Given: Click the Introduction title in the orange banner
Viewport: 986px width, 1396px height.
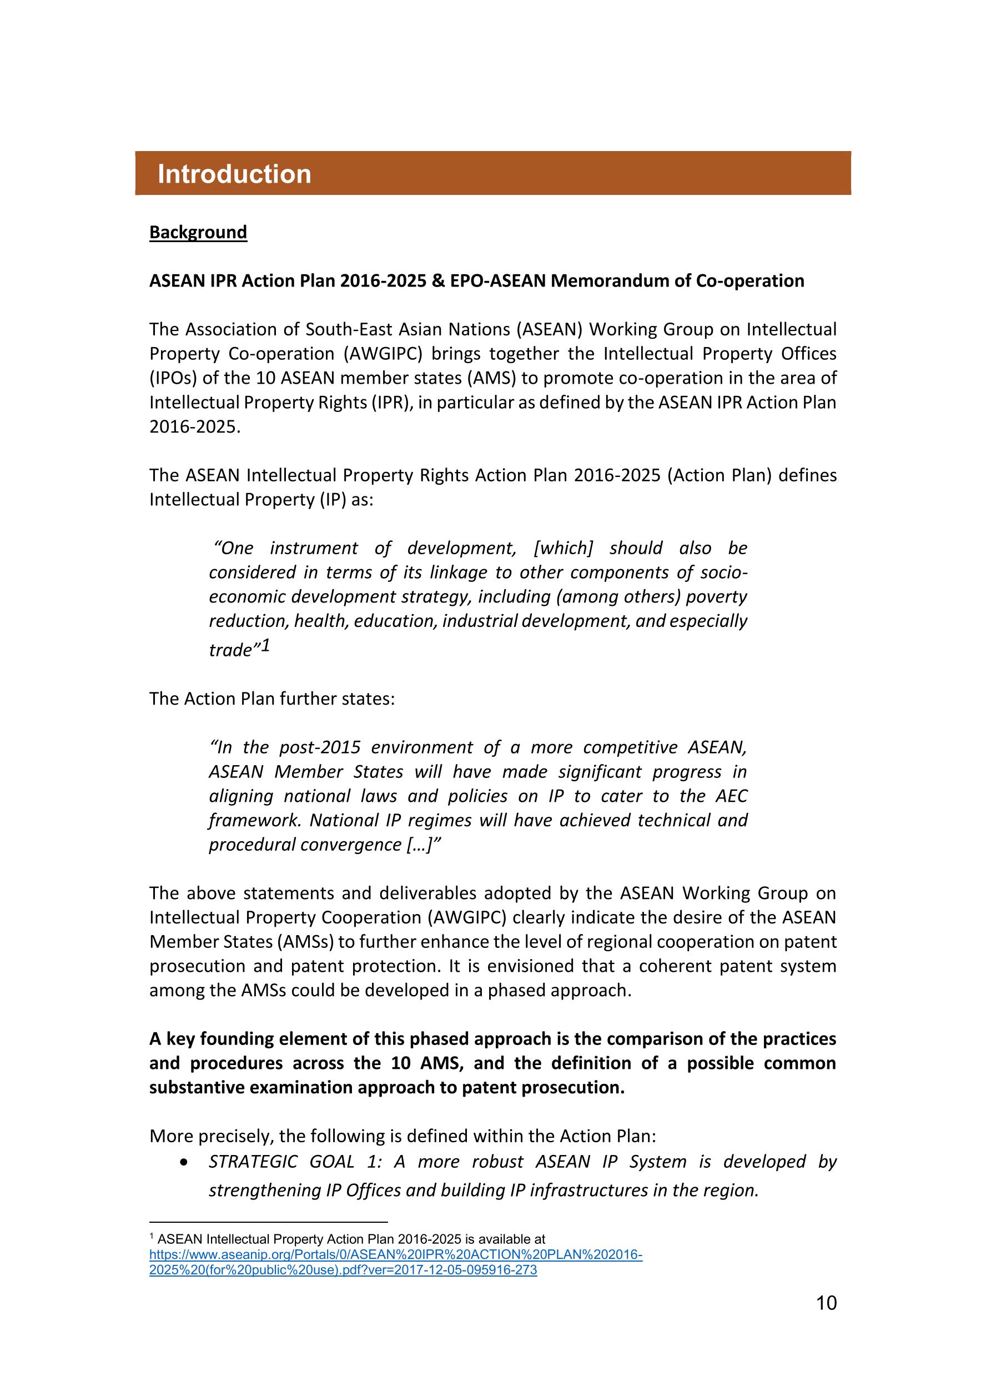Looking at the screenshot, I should click(234, 174).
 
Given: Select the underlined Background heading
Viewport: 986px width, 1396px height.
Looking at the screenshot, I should click(198, 232).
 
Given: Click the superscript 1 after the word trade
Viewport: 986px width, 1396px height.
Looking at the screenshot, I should click(265, 645).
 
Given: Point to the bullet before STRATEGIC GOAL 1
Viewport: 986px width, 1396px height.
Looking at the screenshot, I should click(184, 1162).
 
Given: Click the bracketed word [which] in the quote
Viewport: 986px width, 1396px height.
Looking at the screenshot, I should click(563, 548).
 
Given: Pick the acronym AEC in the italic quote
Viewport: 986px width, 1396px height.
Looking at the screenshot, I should click(731, 796).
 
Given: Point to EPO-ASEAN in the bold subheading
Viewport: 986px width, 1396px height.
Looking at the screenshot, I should click(498, 281).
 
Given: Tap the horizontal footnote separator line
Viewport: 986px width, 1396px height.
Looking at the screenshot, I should click(268, 1222).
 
